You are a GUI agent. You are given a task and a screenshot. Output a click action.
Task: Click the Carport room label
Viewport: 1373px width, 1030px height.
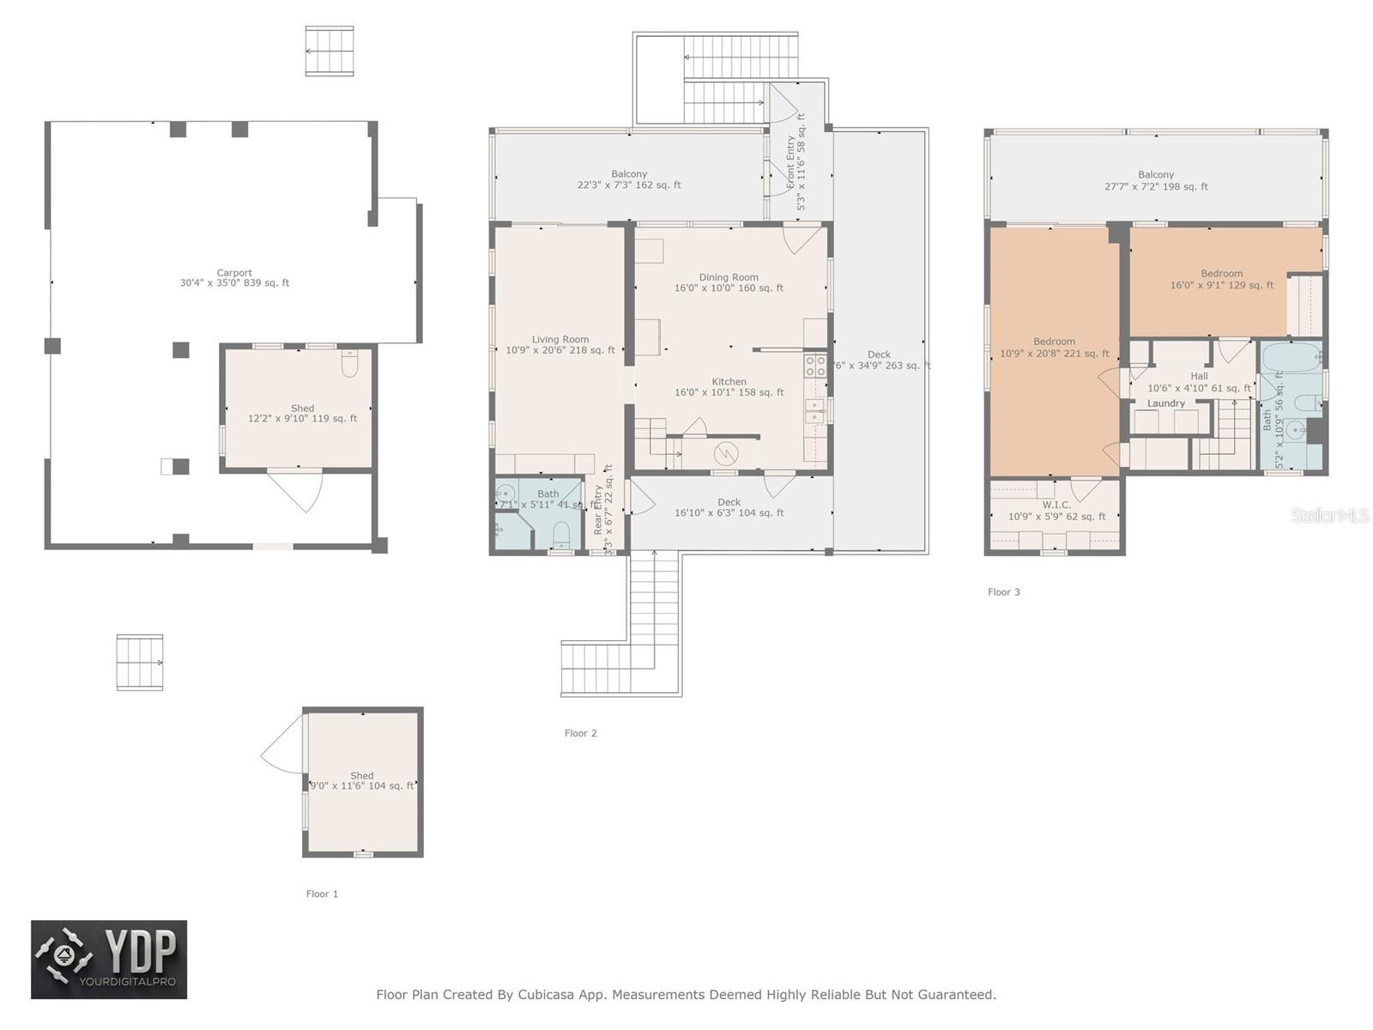(x=234, y=273)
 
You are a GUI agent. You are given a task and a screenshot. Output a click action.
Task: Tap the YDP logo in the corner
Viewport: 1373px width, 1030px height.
(x=109, y=960)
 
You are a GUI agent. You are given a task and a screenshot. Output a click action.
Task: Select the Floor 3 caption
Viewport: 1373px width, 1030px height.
(x=1003, y=592)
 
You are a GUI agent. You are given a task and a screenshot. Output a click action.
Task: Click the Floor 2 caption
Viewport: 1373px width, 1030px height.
(x=580, y=733)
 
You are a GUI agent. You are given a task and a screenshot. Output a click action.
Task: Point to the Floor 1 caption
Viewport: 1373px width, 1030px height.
(x=322, y=894)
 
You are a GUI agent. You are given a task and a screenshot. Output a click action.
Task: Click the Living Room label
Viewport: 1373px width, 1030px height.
(x=559, y=340)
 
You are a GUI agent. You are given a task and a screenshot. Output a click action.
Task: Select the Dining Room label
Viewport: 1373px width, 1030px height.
(x=728, y=277)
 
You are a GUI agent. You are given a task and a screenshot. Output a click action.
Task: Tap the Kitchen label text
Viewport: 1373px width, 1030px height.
(x=729, y=382)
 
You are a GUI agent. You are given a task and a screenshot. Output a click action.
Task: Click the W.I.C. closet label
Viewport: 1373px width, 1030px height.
(x=1056, y=505)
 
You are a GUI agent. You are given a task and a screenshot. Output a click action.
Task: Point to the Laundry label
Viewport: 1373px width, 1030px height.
(x=1165, y=403)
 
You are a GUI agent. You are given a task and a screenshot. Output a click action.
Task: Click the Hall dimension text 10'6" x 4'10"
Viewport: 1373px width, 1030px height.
(x=1199, y=389)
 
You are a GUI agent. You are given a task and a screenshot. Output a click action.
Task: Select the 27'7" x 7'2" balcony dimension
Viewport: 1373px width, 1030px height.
(x=1155, y=186)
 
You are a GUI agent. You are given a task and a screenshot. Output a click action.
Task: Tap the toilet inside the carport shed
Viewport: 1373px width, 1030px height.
(x=349, y=366)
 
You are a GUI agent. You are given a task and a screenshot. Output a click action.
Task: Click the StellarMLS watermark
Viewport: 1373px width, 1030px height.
(x=1329, y=515)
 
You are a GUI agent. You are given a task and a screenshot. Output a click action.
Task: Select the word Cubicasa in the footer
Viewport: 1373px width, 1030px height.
(x=547, y=995)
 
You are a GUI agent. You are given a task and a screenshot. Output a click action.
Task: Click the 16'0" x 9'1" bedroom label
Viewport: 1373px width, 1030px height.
(x=1221, y=285)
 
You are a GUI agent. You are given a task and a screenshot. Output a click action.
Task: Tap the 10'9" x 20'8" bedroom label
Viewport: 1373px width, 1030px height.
(x=1054, y=353)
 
